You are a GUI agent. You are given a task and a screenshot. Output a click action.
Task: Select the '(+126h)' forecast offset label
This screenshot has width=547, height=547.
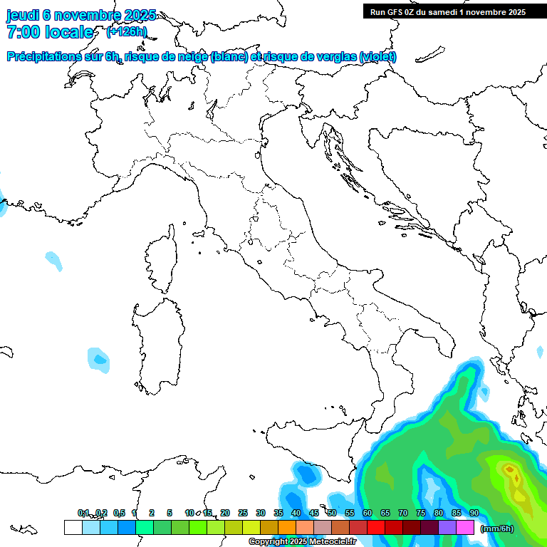click(x=126, y=31)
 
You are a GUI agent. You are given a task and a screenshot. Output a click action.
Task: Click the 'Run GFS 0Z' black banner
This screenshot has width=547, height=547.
click(x=447, y=11)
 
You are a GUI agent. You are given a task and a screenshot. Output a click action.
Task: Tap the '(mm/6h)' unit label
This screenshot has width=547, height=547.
click(x=498, y=528)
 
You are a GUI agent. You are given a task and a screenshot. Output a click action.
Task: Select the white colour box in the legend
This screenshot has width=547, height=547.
click(x=73, y=527)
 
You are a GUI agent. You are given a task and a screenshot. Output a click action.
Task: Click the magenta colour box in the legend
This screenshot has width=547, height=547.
click(x=465, y=527)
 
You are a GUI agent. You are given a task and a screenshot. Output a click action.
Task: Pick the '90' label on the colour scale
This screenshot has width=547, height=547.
click(x=474, y=513)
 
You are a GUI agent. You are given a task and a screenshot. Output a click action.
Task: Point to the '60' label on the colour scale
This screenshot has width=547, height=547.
click(x=368, y=513)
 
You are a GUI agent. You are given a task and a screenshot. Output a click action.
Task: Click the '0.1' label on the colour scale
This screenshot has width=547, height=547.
click(x=83, y=513)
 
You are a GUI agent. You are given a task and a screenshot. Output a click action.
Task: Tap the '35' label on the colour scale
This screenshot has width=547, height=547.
click(x=278, y=513)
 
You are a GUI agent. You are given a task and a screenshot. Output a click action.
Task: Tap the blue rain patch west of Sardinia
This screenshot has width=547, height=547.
click(x=98, y=359)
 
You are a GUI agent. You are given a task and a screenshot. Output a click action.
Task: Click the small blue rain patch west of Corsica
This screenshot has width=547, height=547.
click(x=53, y=259)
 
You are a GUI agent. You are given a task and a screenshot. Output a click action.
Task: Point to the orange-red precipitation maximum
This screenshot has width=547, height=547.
click(x=510, y=470)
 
